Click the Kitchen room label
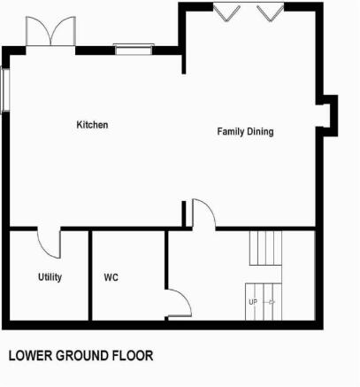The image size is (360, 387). (x=92, y=125)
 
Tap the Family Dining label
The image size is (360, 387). (x=245, y=132)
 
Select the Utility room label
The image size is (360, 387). (x=50, y=277)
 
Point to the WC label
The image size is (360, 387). (x=111, y=277)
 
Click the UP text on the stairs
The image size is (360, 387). (x=253, y=302)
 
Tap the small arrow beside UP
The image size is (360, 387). (x=272, y=302)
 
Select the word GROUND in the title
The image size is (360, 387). (x=82, y=355)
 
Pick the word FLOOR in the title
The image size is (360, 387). (x=133, y=355)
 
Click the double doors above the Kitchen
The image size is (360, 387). (x=50, y=31)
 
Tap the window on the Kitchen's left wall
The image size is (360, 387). (x=5, y=89)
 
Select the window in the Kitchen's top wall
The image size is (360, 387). (x=134, y=49)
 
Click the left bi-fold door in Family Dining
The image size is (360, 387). (x=226, y=12)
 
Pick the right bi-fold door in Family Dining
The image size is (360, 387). (x=270, y=12)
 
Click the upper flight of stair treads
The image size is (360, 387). (x=265, y=248)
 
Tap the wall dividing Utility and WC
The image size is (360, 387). (x=90, y=275)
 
